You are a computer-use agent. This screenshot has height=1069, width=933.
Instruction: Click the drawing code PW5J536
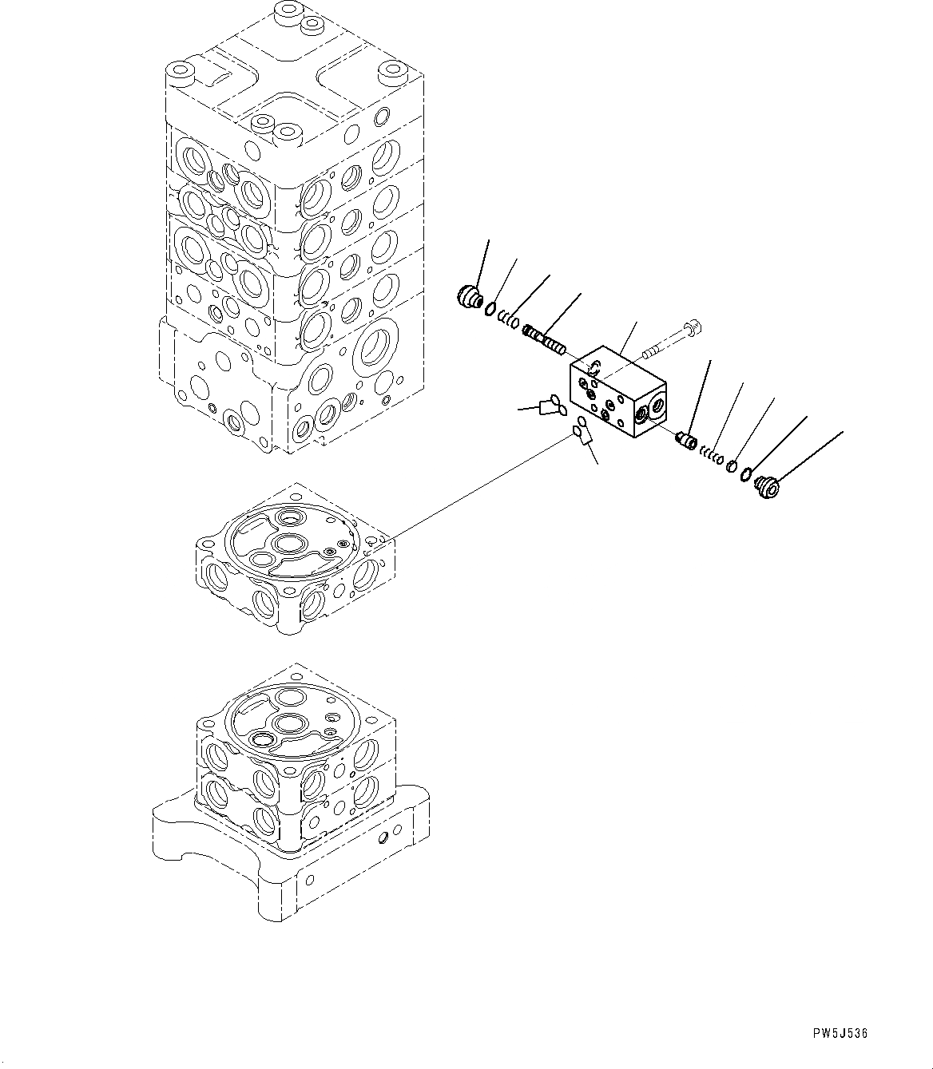pos(840,1033)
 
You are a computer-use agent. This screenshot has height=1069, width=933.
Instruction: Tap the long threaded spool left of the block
pos(544,339)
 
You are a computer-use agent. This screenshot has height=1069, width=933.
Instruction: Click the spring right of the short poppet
pos(713,456)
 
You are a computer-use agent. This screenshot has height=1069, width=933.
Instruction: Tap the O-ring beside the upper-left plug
pos(490,308)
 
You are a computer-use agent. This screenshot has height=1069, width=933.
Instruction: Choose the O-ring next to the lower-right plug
pos(745,476)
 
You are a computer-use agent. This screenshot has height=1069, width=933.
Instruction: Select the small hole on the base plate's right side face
pos(387,839)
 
